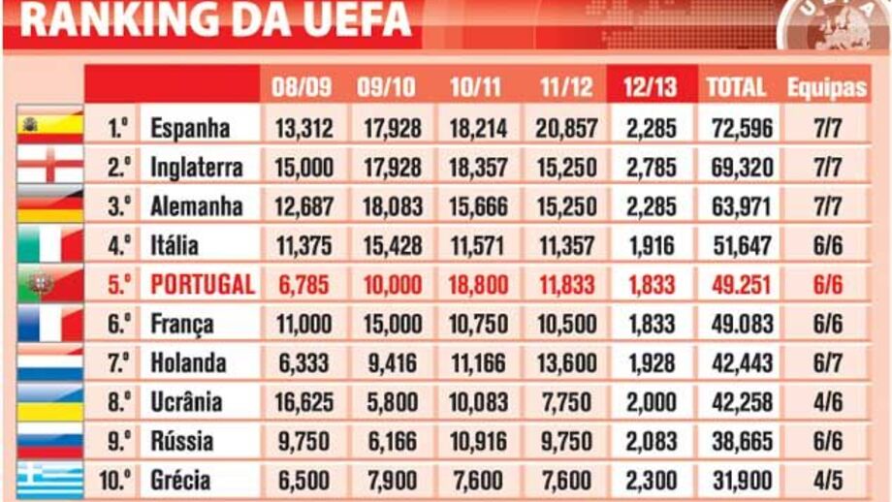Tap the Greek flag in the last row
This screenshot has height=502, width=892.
(49, 481)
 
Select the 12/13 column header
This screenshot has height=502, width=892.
(651, 86)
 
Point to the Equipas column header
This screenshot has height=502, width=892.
(826, 86)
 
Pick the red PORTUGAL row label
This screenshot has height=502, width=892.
(203, 284)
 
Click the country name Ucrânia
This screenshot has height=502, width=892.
(186, 401)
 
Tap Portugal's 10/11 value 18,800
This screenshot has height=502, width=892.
(479, 284)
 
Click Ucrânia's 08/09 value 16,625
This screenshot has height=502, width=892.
(304, 401)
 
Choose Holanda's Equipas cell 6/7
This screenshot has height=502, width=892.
(826, 362)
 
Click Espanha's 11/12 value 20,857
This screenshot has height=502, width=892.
(566, 128)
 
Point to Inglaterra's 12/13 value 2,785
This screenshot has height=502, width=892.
(651, 168)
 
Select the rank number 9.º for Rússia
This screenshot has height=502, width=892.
(118, 441)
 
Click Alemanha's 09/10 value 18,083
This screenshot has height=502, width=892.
(392, 206)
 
